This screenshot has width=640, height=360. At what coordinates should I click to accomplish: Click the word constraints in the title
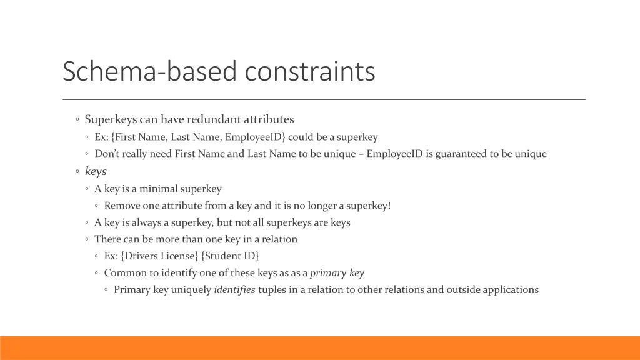pos(310,71)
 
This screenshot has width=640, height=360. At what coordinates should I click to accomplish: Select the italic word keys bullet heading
pos(96,171)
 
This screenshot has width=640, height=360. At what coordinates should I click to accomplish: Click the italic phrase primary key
pos(337,273)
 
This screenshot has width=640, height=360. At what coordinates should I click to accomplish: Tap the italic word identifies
pos(234,290)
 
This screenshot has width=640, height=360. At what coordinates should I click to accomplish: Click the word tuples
pos(273,290)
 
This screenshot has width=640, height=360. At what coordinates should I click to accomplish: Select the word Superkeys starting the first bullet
pos(109,119)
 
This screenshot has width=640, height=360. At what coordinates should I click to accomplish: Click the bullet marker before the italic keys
pos(76,171)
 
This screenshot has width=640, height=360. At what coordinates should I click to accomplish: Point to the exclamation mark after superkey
pos(389,206)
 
